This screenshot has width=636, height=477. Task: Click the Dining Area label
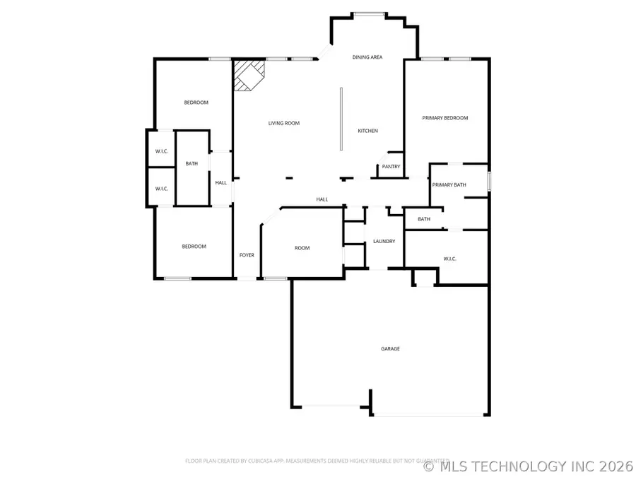(367, 57)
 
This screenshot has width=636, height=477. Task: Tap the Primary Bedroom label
(445, 118)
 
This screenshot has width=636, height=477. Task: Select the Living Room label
(283, 123)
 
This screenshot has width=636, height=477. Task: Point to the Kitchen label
(367, 131)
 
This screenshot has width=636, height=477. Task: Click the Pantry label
(391, 167)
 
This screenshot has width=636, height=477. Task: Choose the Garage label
(391, 348)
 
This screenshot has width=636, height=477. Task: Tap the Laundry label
(384, 242)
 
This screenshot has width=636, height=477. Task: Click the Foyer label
(247, 255)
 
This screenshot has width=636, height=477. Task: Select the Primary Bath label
(449, 185)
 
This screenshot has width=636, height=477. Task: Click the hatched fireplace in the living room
(248, 74)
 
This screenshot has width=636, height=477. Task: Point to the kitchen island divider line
(341, 118)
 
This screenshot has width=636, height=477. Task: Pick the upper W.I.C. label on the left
(161, 152)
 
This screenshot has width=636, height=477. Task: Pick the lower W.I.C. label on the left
(161, 189)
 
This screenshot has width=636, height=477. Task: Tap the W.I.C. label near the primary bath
(450, 259)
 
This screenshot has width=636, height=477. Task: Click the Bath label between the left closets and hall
(192, 164)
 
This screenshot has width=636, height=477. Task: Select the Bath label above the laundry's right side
(424, 219)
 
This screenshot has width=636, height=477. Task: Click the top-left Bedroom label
(196, 102)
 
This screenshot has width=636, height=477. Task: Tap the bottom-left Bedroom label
(194, 246)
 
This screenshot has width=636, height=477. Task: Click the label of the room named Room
(302, 248)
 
